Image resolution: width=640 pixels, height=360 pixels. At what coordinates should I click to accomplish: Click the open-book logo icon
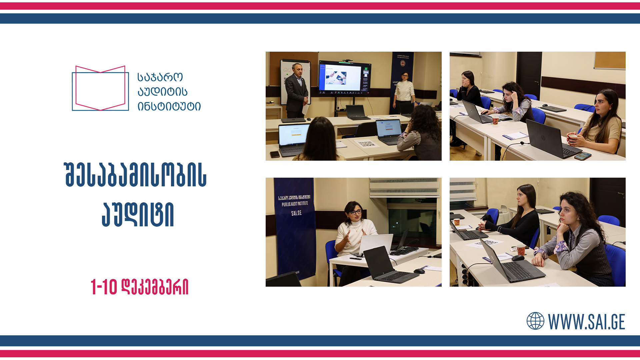(100, 88)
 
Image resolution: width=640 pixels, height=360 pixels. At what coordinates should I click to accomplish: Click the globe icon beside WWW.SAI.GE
(535, 321)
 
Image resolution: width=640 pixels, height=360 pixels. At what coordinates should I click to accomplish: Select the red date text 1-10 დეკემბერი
(139, 287)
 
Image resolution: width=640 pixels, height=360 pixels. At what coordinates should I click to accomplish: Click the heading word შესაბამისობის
(135, 175)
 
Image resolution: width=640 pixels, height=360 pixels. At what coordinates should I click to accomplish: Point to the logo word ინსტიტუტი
(169, 106)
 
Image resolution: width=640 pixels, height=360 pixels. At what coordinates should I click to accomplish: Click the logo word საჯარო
(160, 77)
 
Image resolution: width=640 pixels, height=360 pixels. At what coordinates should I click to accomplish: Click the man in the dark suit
(296, 90)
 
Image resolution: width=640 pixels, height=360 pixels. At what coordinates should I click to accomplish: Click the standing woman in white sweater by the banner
(404, 92)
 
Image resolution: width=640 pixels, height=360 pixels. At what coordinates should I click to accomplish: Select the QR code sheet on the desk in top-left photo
(367, 144)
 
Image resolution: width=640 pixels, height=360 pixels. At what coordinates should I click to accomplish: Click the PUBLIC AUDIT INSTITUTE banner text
(295, 204)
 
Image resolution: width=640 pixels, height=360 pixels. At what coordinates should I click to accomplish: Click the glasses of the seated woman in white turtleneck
(356, 212)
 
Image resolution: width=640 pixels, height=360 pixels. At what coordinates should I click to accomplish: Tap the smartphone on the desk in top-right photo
(583, 156)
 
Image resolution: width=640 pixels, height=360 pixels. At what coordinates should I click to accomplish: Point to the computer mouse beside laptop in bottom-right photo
(518, 258)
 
